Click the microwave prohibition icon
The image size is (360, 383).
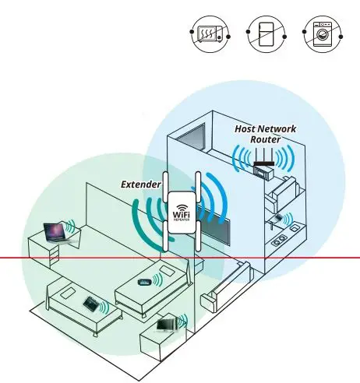click(207, 34)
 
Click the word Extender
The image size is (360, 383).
click(140, 184)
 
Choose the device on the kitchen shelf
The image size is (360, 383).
click(278, 220)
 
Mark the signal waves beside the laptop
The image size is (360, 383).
click(71, 227)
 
